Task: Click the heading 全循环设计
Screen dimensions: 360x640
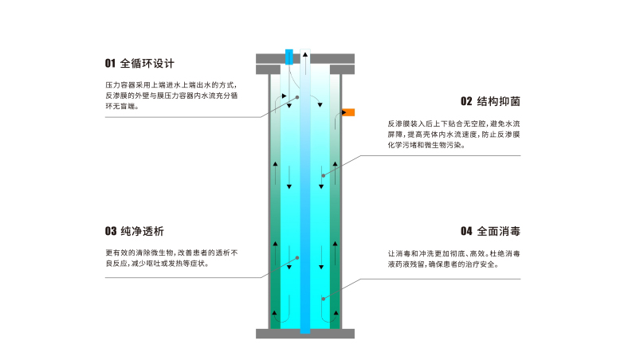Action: tap(147, 63)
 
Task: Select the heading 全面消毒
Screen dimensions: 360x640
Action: tap(499, 232)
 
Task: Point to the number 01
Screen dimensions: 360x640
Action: tap(110, 63)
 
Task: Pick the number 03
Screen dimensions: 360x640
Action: tap(110, 232)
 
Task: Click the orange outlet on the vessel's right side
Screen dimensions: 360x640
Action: tap(347, 112)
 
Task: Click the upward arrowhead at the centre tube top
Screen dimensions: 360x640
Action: tap(304, 53)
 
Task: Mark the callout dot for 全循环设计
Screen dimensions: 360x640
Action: tap(296, 97)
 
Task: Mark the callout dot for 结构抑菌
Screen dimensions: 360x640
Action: tap(324, 175)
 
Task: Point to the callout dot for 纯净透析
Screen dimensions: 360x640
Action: tap(296, 258)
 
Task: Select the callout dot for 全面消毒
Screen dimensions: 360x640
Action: tap(324, 299)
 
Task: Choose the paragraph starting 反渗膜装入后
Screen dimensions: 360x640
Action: tap(453, 135)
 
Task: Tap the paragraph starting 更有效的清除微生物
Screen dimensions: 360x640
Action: tap(171, 257)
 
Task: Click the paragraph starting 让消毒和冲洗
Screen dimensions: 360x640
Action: tap(453, 258)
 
